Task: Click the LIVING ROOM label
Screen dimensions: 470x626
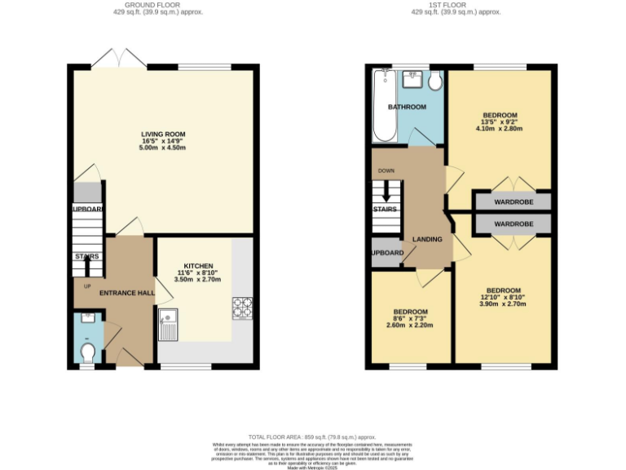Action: tap(163, 135)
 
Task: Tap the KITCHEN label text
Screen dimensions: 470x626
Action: tap(198, 266)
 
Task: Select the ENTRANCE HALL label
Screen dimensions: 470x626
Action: tap(126, 292)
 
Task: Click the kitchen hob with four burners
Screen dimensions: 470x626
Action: tap(243, 307)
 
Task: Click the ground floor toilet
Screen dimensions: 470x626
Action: tap(88, 352)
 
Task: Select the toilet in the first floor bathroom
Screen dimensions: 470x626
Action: tap(434, 81)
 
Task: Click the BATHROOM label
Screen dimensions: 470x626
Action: tap(407, 107)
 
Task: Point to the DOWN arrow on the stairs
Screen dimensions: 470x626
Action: tap(386, 192)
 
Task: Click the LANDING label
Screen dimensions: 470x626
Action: tap(428, 239)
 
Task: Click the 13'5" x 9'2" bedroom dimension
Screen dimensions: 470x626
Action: tap(500, 122)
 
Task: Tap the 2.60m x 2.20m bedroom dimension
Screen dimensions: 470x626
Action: tap(409, 326)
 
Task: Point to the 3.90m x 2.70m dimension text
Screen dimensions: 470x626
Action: tap(503, 304)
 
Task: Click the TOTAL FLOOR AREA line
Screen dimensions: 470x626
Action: tap(312, 437)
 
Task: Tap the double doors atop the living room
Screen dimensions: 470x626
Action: tap(120, 58)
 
